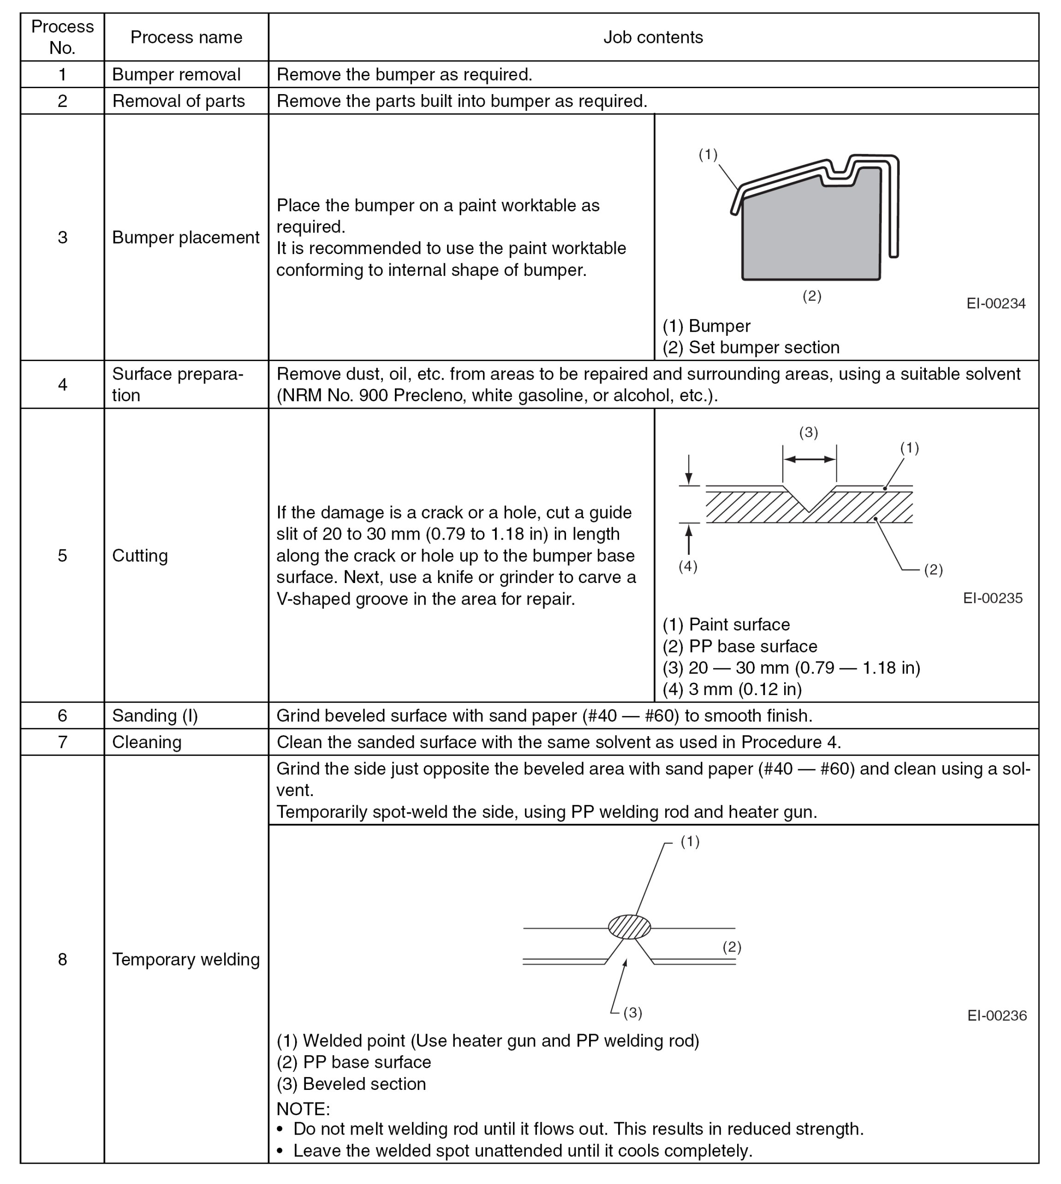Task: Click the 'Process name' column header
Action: coord(186,37)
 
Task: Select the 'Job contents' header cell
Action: coord(653,37)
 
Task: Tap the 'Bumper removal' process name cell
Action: coord(176,75)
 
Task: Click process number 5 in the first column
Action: coord(62,556)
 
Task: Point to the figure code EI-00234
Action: coord(995,303)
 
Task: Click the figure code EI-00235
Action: coord(993,598)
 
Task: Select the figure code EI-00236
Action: coord(997,1016)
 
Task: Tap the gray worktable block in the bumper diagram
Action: coord(811,233)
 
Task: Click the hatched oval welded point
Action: coord(629,927)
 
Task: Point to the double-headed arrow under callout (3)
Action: coord(809,459)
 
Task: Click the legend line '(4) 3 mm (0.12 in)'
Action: coord(732,689)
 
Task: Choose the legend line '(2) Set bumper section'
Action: coord(751,347)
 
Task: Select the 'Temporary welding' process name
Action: coord(186,959)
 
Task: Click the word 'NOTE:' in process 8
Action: coord(303,1108)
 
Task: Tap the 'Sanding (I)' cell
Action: coord(155,716)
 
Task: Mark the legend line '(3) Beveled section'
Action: coord(351,1084)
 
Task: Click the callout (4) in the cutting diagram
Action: coord(688,567)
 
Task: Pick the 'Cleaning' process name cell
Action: coord(147,742)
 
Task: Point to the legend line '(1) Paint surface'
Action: coord(727,625)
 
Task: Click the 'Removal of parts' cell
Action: coord(179,101)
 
